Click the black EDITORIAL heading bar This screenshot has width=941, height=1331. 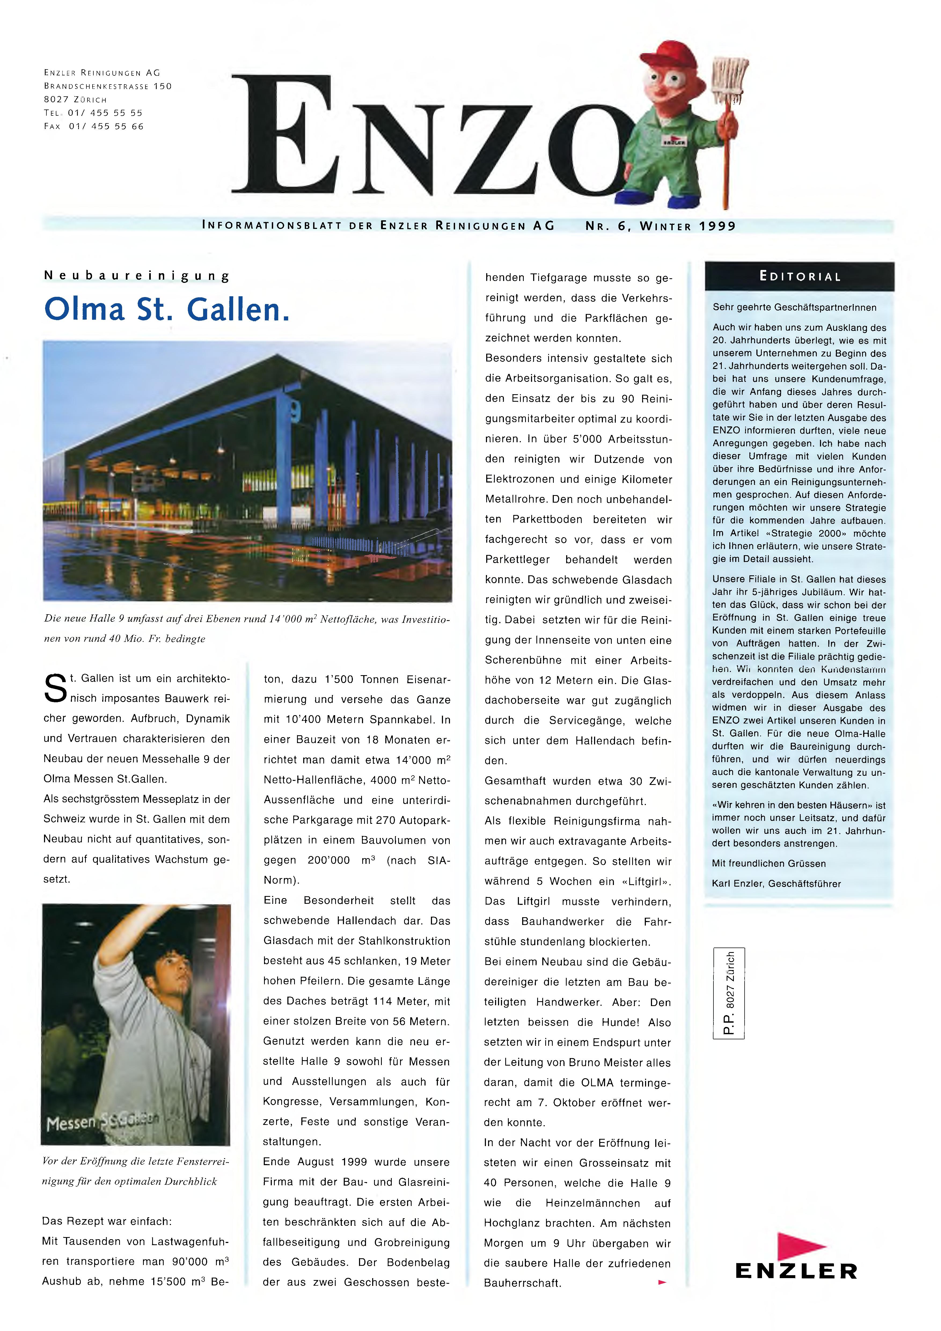point(799,276)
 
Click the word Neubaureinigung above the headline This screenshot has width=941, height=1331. point(137,276)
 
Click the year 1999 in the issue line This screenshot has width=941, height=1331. point(717,226)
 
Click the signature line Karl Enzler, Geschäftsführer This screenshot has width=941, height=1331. point(776,883)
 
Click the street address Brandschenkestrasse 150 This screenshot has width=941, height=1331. point(108,86)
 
